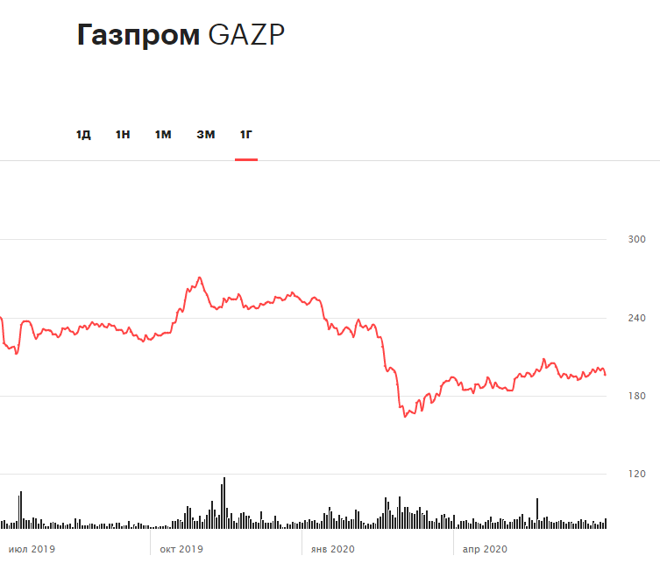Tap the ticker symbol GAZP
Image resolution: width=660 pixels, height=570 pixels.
[247, 34]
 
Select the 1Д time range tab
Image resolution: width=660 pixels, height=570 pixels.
[83, 134]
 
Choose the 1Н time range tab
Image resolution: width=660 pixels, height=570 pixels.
[123, 134]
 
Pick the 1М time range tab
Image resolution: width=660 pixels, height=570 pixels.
[163, 134]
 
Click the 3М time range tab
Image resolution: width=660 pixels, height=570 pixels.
[205, 134]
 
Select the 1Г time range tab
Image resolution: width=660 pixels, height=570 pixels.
[246, 134]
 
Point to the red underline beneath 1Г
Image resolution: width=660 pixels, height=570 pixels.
[246, 159]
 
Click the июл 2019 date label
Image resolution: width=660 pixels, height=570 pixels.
[32, 549]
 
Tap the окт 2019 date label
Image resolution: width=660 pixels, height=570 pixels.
[181, 549]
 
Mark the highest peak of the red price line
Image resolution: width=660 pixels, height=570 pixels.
[200, 278]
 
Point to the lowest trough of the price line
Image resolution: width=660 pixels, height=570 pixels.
[405, 416]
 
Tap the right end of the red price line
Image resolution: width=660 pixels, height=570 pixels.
[606, 375]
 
